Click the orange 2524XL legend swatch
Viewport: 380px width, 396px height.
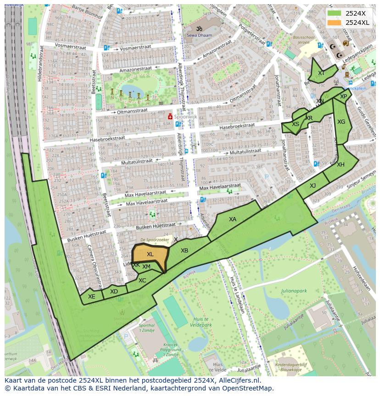(x=335, y=23)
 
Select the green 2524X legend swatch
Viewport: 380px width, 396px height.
(x=335, y=13)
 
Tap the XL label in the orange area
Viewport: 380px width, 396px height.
(x=150, y=254)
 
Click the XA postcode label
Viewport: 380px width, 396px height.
(x=233, y=219)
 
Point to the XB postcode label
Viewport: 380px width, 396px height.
(x=184, y=251)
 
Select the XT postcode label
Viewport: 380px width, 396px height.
(x=321, y=73)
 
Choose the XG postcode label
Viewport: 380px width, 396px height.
(x=341, y=122)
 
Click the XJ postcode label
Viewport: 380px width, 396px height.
(x=313, y=186)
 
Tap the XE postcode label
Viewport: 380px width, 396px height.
(x=92, y=297)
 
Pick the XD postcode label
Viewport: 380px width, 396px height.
(x=114, y=292)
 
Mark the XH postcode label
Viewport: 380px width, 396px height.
(x=341, y=165)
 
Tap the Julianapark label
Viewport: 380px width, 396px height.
(x=294, y=291)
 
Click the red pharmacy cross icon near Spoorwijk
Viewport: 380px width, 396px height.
(x=170, y=117)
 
